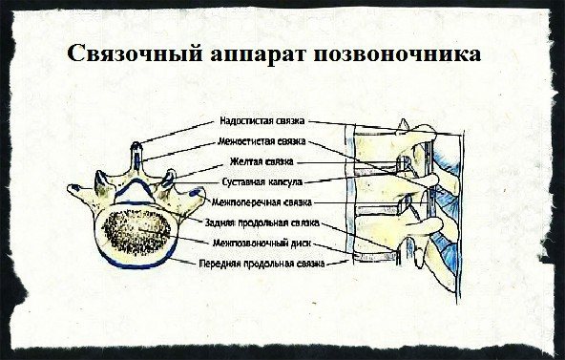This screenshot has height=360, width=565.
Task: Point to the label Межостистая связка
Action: pos(262,142)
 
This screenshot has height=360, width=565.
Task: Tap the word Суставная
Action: pos(244,181)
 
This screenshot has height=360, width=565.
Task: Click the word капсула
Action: pos(287,181)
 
